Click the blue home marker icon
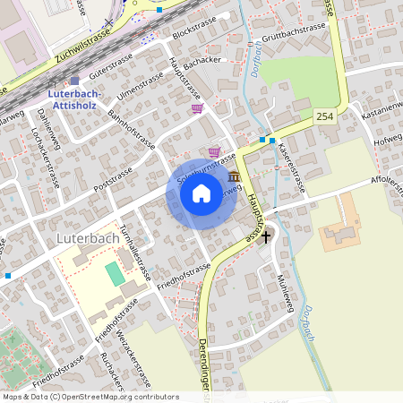201,193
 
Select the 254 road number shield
324,116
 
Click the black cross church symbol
264,237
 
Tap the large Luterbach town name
86,239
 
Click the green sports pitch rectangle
114,272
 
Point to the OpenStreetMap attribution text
90,397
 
